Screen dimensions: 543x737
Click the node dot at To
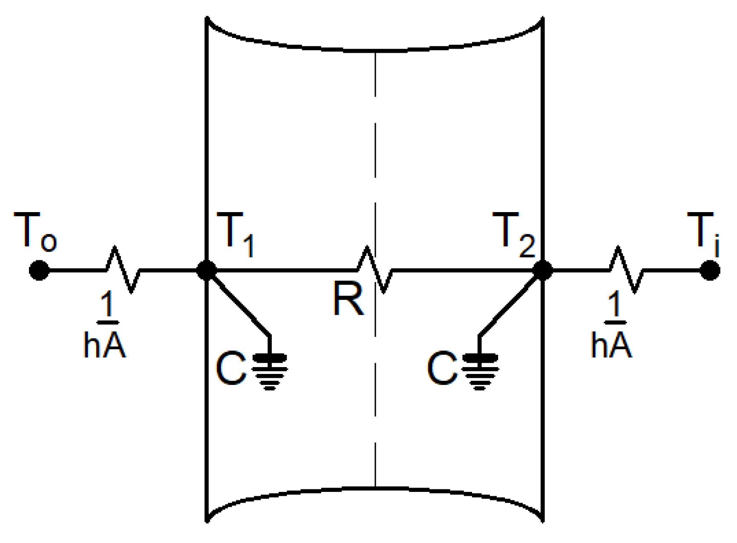[39, 270]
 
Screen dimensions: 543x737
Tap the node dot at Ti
[709, 270]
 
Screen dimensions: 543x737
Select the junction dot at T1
[207, 270]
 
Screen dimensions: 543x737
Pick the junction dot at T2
[542, 270]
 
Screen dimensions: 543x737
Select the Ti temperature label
[703, 234]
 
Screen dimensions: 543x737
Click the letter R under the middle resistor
[348, 299]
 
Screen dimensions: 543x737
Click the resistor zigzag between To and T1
[123, 269]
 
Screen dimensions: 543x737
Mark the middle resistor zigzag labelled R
[374, 269]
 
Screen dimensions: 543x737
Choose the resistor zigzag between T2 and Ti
[626, 269]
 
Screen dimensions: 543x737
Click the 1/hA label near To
[105, 326]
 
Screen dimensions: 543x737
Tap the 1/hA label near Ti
[612, 326]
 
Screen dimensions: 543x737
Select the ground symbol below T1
[270, 371]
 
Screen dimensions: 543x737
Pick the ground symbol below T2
[480, 371]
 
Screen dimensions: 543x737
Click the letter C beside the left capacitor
[230, 369]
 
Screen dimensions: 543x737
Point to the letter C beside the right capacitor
[441, 369]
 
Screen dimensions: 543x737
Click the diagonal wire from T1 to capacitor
[239, 303]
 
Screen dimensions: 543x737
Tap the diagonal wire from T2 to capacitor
[510, 303]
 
